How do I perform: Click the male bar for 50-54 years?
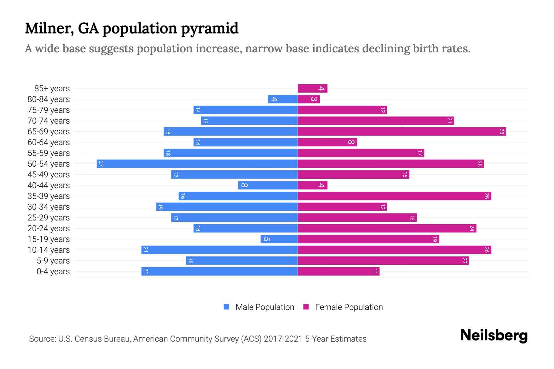197,164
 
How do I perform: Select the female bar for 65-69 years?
402,132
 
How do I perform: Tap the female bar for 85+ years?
312,89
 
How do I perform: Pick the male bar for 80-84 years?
283,99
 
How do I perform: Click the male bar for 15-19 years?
279,239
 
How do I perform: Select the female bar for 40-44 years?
312,185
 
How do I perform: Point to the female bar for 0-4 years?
339,272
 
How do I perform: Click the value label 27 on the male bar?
101,164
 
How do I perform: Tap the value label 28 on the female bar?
502,132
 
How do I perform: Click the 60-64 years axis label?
49,142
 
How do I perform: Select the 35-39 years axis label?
49,196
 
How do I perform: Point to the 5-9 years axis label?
53,261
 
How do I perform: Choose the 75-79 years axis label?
49,110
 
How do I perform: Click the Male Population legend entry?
265,307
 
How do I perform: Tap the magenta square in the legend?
306,307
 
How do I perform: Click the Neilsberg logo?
494,335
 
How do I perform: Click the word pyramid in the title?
210,29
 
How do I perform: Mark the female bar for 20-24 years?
387,228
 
